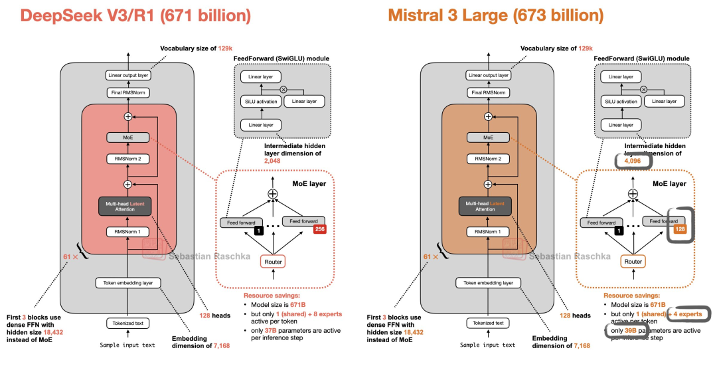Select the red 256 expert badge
click(x=319, y=230)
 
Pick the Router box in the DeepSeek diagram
click(x=273, y=261)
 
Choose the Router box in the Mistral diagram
click(x=633, y=261)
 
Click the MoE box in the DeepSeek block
click(x=128, y=137)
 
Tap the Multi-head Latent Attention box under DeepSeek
click(x=128, y=205)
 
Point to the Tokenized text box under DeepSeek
click(x=128, y=324)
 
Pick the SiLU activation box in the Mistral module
click(x=621, y=102)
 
